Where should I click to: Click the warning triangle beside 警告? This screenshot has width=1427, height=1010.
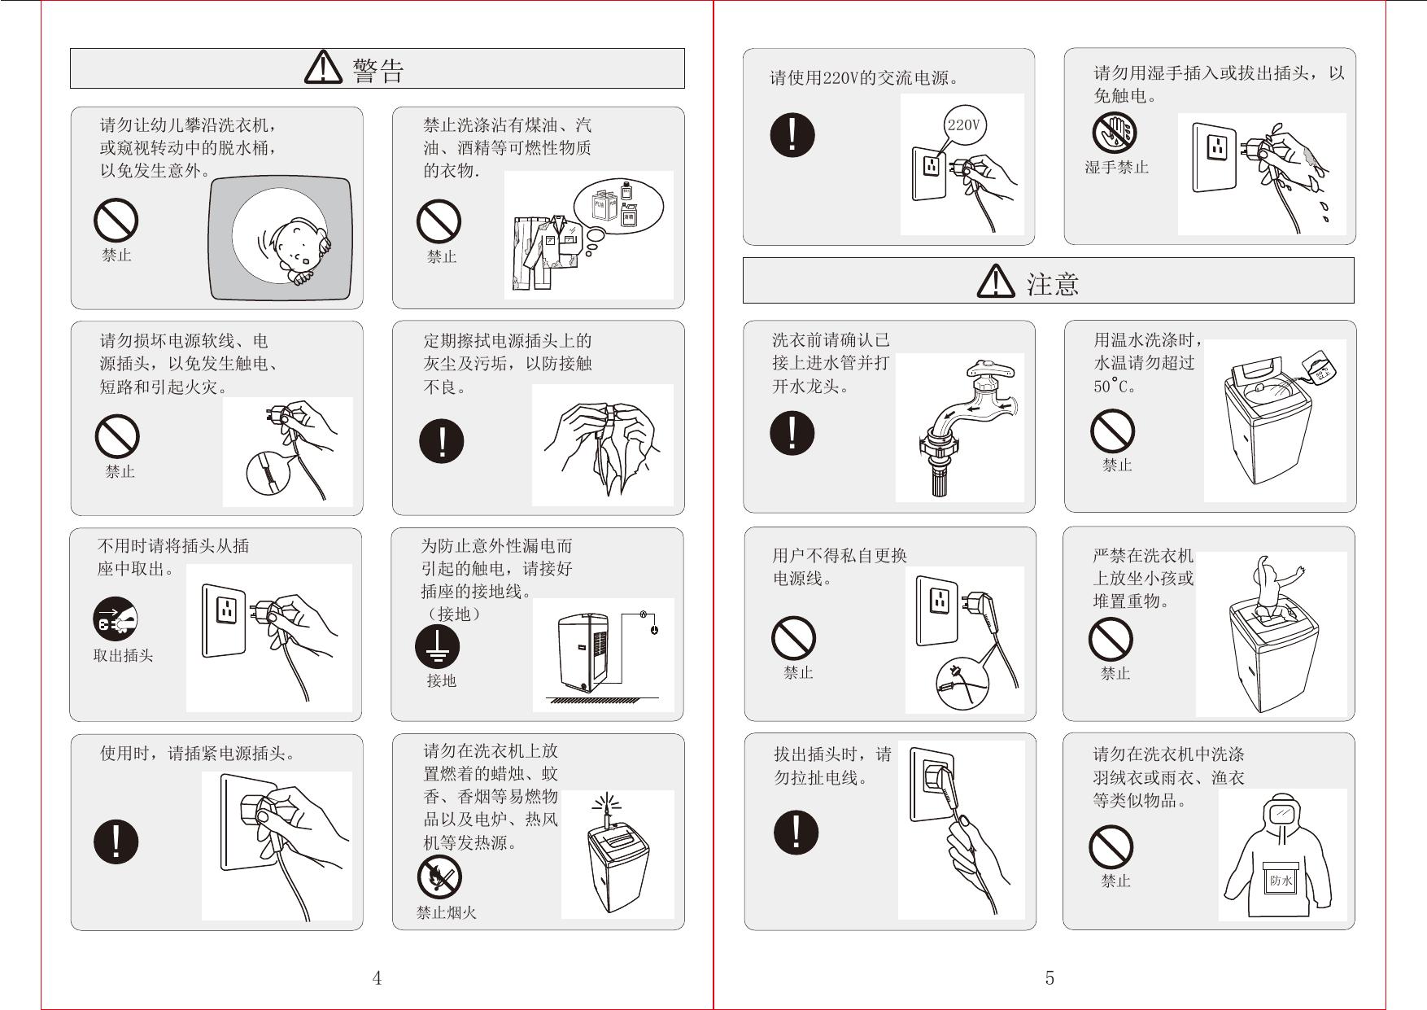pyautogui.click(x=324, y=68)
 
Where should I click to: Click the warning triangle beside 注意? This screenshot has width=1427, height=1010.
pyautogui.click(x=996, y=282)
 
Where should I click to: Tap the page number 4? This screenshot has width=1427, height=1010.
pyautogui.click(x=377, y=978)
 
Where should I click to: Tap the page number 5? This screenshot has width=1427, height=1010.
pyautogui.click(x=1050, y=978)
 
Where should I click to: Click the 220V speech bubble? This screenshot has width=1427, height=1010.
pyautogui.click(x=964, y=126)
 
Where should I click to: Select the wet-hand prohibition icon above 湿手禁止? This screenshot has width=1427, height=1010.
pyautogui.click(x=1115, y=133)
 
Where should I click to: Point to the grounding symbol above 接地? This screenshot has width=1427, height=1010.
pyautogui.click(x=438, y=647)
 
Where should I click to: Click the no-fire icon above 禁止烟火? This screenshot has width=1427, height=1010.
pyautogui.click(x=439, y=877)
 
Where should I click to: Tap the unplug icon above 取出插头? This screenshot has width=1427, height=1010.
pyautogui.click(x=115, y=620)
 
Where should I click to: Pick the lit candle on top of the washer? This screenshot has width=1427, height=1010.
pyautogui.click(x=604, y=809)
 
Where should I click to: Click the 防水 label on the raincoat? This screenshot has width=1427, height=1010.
pyautogui.click(x=1281, y=881)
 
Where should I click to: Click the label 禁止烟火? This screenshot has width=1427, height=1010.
pyautogui.click(x=447, y=913)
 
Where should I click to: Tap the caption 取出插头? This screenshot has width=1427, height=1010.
pyautogui.click(x=123, y=656)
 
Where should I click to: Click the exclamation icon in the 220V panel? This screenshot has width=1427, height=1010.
pyautogui.click(x=792, y=133)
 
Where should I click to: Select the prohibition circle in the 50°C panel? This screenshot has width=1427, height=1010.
pyautogui.click(x=1112, y=430)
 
